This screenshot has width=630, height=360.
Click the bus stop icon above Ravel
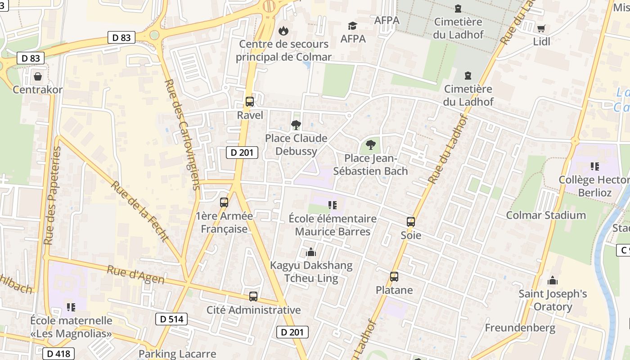coord(250,102)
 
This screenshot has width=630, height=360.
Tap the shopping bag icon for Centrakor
coord(38,76)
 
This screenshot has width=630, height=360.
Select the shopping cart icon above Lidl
coord(541,28)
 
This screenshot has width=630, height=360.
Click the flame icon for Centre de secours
coord(283,31)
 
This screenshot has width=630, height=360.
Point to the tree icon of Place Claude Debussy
coord(296,125)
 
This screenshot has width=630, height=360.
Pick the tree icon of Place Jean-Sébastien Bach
coord(370,145)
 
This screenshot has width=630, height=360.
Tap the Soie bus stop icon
coord(410,222)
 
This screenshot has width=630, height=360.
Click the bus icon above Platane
coord(394,277)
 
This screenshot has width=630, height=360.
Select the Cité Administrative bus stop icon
coord(253,297)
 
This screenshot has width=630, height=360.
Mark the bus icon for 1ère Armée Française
coord(224,202)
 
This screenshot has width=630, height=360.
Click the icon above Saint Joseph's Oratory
coord(553,281)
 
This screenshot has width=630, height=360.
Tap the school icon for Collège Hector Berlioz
coord(594,166)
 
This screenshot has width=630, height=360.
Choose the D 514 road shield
coord(171,319)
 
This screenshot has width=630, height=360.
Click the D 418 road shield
coord(58,354)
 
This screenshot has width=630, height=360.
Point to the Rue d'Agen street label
coord(135,274)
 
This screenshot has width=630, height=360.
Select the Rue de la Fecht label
coord(140,211)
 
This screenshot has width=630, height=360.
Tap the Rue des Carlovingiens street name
coord(182,135)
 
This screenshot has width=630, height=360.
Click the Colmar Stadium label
coord(546,215)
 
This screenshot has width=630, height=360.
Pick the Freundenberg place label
coord(520,328)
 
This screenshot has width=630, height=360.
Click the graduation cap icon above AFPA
coord(352,26)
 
